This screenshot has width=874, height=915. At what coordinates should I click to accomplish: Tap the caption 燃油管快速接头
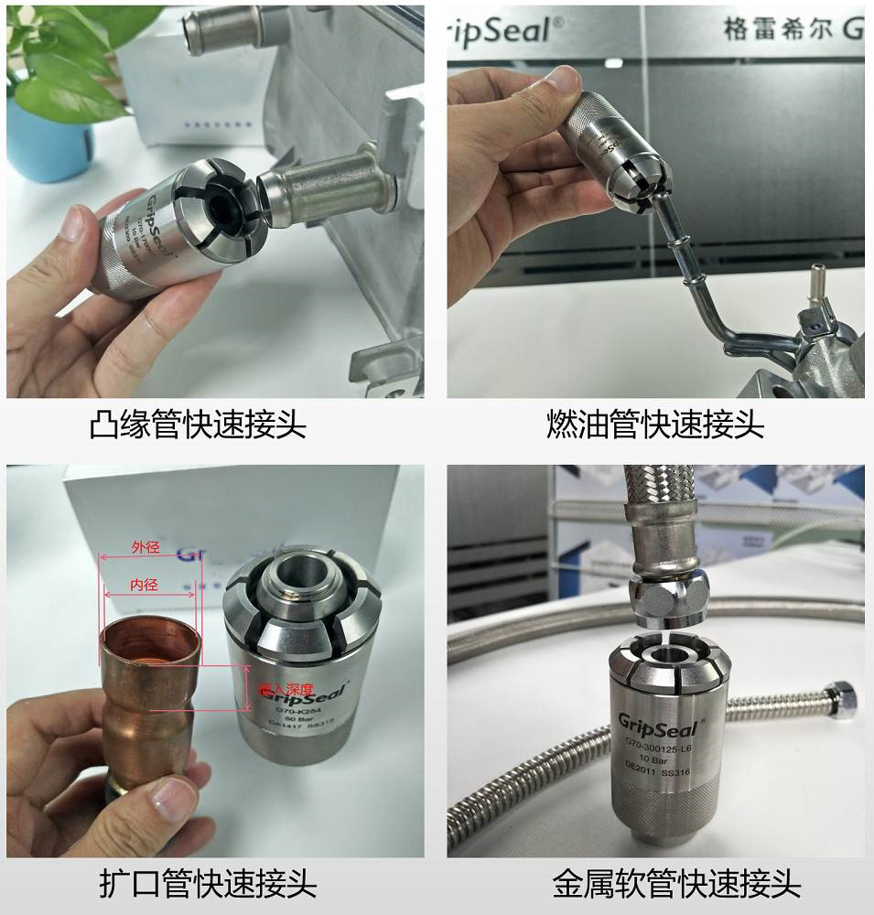[x=654, y=425]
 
